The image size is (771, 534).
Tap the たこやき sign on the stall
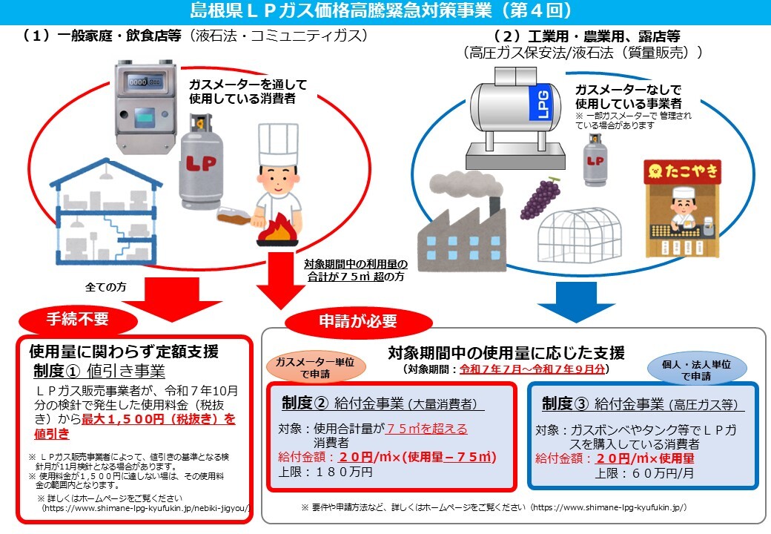pyautogui.click(x=681, y=171)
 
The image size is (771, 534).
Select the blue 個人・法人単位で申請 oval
pyautogui.click(x=696, y=368)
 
